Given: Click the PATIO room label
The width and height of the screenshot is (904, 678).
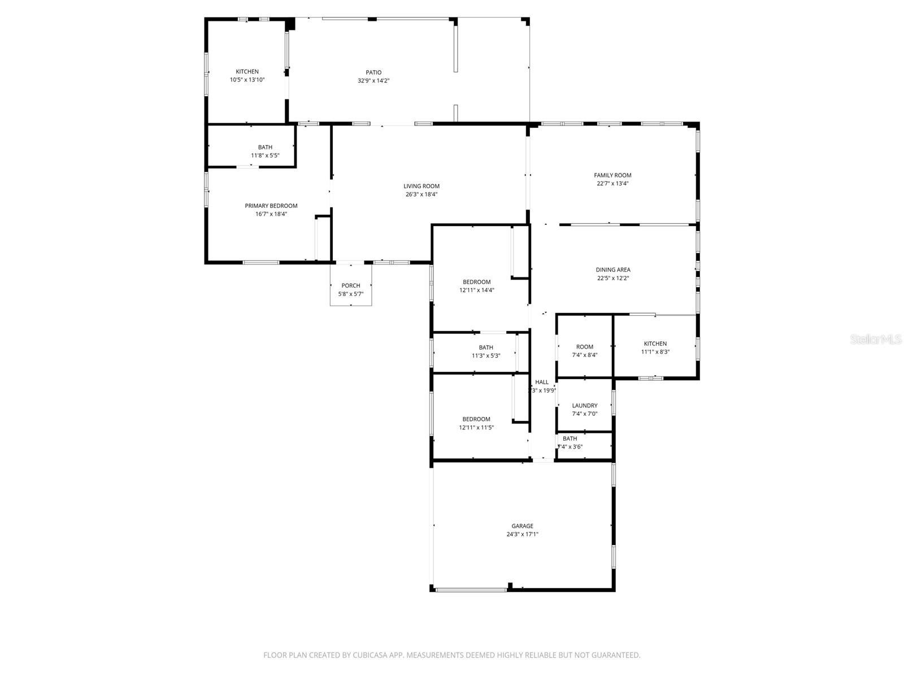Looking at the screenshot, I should [x=373, y=72].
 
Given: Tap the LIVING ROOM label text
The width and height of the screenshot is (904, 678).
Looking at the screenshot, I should [x=421, y=186].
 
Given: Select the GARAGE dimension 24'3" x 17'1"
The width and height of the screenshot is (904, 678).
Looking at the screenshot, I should [x=522, y=534].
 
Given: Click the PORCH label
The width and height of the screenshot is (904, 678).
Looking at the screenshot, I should [x=350, y=285].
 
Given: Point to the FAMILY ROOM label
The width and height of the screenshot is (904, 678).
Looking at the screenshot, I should [x=612, y=175].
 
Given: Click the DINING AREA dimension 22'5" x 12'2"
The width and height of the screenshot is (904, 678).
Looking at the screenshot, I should [x=613, y=278].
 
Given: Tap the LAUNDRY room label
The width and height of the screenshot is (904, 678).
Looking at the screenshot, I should [x=584, y=405].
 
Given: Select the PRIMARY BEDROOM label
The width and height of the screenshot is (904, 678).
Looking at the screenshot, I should [x=271, y=206].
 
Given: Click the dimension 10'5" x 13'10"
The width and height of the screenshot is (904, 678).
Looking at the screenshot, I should [x=247, y=80].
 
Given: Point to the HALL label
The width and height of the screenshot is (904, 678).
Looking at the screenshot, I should [x=541, y=382].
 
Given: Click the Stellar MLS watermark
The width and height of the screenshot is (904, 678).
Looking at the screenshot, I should [x=876, y=339].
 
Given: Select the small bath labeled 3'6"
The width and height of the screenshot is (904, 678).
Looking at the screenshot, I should [x=570, y=442].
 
